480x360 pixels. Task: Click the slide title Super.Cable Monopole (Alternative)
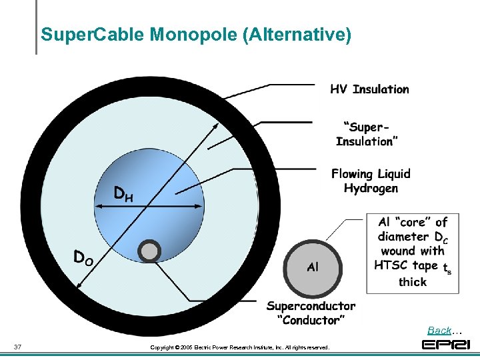point(195,35)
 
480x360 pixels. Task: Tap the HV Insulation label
point(369,89)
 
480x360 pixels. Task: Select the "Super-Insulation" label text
point(367,134)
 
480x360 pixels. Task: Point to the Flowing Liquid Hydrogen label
point(371,181)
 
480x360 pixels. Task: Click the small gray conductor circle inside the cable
point(149,251)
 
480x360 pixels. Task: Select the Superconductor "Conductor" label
point(311,313)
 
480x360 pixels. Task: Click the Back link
point(439,331)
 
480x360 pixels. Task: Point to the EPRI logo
point(446,345)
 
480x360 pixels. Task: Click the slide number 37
point(18,346)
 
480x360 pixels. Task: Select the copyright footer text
point(239,347)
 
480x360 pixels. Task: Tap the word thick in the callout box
point(413,281)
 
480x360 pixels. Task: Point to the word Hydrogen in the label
point(371,188)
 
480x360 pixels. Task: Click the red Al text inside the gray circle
point(313,267)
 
